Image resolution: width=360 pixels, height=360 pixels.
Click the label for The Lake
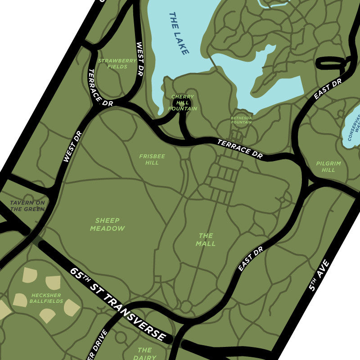[179, 33]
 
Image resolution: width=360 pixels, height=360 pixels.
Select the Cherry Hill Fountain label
[183, 103]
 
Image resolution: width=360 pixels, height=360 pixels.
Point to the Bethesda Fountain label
[241, 120]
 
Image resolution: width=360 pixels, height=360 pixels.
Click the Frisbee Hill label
[152, 159]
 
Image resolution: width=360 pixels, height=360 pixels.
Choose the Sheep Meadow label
[107, 224]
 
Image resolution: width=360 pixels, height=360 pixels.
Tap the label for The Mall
[206, 239]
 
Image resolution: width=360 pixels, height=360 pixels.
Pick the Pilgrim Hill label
[328, 167]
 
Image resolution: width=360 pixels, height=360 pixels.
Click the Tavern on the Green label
[27, 206]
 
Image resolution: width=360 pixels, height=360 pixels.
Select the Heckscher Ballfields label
[47, 298]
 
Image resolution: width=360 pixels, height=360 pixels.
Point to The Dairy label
[144, 354]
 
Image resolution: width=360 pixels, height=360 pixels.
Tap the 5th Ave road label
[319, 275]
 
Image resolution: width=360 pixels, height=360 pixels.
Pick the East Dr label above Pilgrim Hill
[328, 89]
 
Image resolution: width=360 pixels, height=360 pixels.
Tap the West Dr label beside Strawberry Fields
[139, 58]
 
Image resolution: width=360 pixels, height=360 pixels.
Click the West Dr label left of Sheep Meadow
[72, 146]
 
